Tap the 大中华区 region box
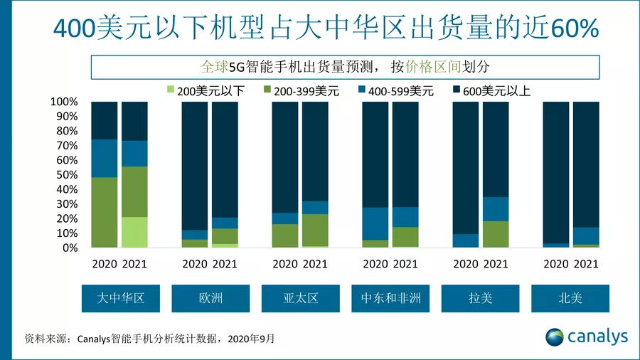coord(120,298)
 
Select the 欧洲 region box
coord(210,298)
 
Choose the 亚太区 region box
coord(300,298)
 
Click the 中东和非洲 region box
coord(390,298)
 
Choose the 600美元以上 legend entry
coord(491,90)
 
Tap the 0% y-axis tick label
coord(68,248)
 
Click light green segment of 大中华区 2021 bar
coord(134,232)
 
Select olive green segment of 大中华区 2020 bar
coord(105,212)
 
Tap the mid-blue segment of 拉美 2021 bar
coord(496,209)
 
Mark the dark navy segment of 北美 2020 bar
coord(556,171)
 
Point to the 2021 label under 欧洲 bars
coord(225,264)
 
